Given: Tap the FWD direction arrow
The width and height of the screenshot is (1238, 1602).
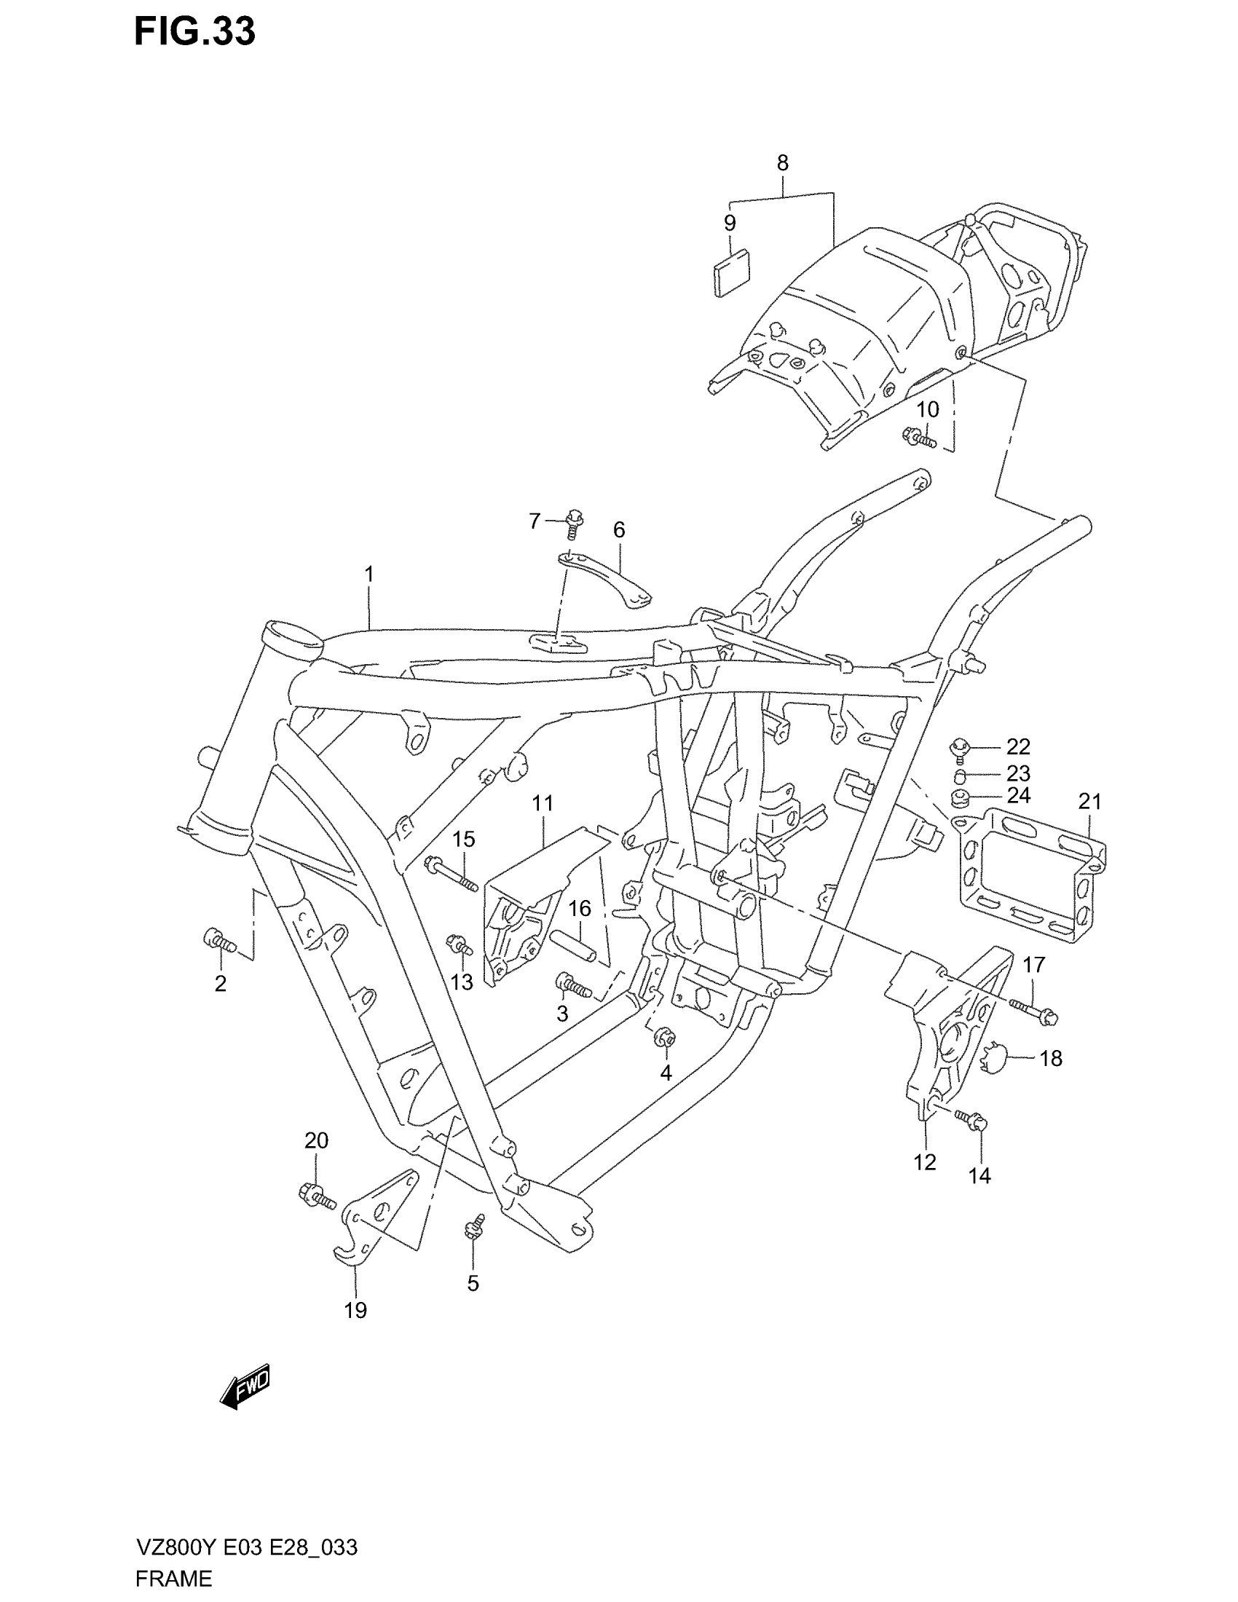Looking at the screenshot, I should (245, 1386).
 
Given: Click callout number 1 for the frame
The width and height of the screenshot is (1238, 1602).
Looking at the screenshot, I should (369, 575).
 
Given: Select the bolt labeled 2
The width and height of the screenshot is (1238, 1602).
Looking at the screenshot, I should (218, 939).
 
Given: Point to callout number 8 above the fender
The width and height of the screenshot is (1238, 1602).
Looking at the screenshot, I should (783, 163).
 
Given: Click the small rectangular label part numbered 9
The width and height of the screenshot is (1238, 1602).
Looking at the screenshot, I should (732, 272).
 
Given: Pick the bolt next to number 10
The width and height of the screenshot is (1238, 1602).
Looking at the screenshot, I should (918, 437).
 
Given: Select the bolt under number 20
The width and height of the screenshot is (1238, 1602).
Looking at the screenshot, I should (316, 1197).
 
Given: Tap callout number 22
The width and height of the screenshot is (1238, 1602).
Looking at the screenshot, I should (1018, 746).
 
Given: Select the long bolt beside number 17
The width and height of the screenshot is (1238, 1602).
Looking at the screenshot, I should (1034, 1009).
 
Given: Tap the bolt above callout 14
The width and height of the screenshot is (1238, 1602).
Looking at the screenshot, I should (971, 1137).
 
